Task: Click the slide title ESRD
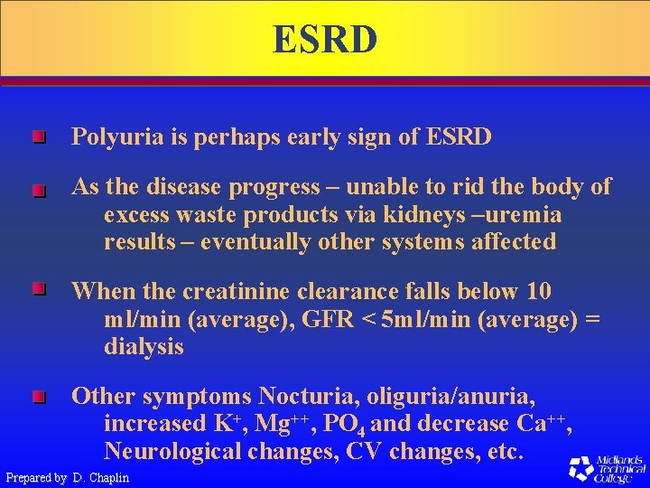click(x=325, y=41)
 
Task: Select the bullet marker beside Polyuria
click(x=37, y=138)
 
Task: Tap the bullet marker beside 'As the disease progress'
click(x=37, y=191)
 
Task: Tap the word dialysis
click(x=144, y=347)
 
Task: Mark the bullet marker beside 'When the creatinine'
click(x=37, y=290)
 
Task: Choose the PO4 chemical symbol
click(x=345, y=424)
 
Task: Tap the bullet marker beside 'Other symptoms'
click(x=37, y=397)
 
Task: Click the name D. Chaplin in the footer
click(x=100, y=477)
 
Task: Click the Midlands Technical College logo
click(x=606, y=467)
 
